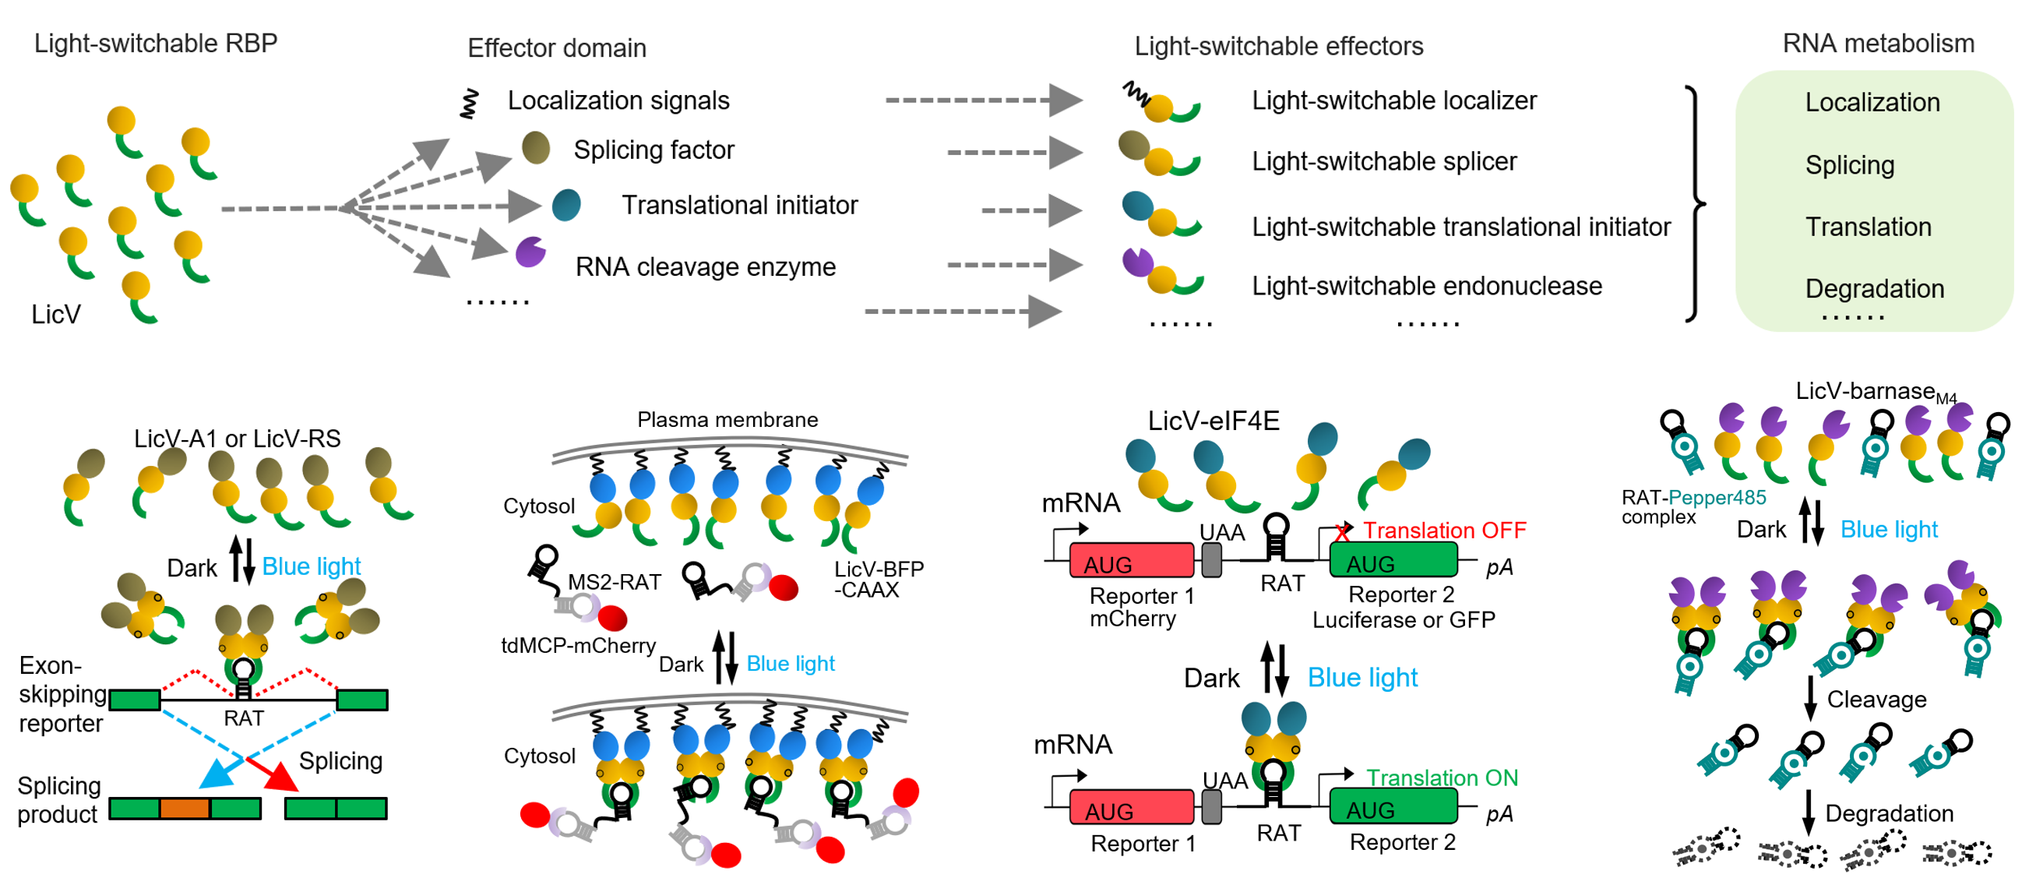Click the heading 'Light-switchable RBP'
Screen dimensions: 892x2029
[155, 44]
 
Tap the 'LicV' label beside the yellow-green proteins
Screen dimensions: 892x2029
[55, 315]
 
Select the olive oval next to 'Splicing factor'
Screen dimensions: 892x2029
[536, 148]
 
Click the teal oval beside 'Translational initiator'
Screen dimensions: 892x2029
[566, 205]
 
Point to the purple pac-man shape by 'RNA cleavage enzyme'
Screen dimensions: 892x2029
[530, 252]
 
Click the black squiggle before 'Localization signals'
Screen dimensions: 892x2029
[470, 104]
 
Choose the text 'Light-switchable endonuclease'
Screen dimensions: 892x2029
[1426, 286]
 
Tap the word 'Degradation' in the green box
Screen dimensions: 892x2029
[1874, 289]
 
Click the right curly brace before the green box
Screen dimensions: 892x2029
[1696, 204]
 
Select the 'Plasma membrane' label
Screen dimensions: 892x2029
[727, 419]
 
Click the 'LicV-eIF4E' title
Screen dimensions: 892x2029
[1213, 421]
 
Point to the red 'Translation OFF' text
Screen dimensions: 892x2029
[1444, 531]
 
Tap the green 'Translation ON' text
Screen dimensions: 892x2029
[1442, 777]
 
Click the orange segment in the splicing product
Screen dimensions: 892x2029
[185, 809]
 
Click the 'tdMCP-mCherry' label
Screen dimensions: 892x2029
[578, 645]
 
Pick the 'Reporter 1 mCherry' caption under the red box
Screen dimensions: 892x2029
[1141, 607]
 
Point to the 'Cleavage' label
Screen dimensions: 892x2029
[1876, 700]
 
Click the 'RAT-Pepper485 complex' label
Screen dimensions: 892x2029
[1693, 506]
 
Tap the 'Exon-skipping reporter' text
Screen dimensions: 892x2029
[62, 694]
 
